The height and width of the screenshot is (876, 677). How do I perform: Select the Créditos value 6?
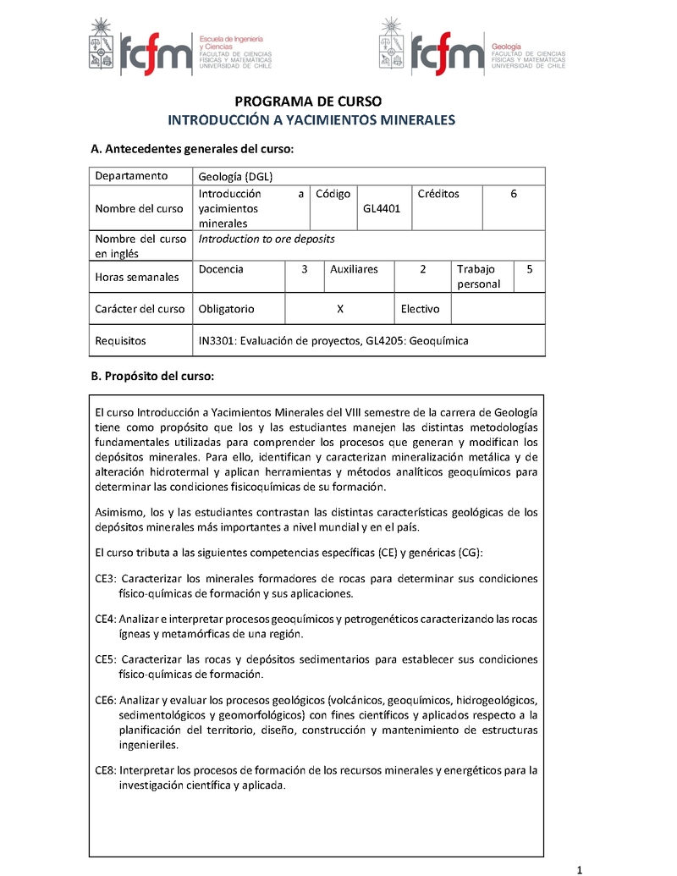pos(514,194)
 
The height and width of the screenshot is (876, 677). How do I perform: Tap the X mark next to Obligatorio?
pos(339,309)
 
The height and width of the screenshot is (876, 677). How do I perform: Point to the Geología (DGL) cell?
pos(235,176)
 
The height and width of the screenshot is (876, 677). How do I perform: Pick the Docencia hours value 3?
pos(304,269)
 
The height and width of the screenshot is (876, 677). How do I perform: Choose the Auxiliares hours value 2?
pos(422,269)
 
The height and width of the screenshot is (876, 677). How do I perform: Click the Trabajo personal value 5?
pos(529,269)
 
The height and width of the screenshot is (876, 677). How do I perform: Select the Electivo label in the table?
pos(421,309)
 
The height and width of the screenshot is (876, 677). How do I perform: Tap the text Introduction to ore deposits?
pos(267,239)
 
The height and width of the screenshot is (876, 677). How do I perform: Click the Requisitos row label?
pos(120,341)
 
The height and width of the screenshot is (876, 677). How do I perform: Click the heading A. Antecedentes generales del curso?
pos(192,149)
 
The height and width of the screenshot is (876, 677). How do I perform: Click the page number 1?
pos(580,869)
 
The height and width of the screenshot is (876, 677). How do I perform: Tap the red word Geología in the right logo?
pos(506,45)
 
